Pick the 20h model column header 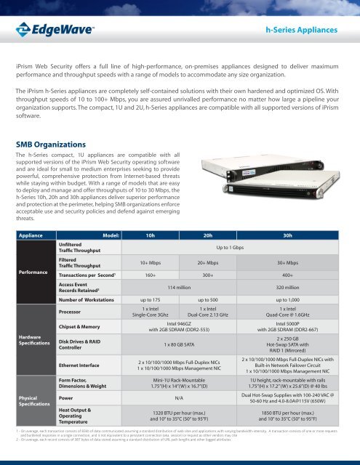pyautogui.click(x=213, y=235)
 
